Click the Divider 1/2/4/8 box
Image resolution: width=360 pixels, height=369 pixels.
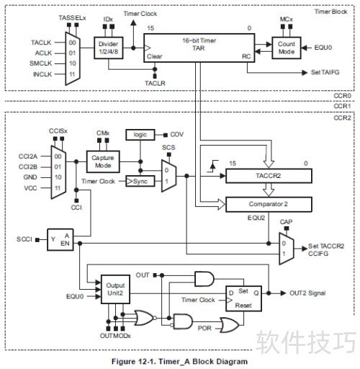[109, 48]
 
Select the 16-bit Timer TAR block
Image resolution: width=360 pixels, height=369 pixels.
[199, 48]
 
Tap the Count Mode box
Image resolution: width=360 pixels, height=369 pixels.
[287, 48]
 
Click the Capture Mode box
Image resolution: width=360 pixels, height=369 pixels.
[103, 161]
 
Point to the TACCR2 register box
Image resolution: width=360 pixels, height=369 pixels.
[269, 176]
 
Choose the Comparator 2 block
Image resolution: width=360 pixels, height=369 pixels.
[269, 204]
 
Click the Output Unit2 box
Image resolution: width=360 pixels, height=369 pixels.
[115, 289]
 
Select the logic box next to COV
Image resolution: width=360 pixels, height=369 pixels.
[140, 135]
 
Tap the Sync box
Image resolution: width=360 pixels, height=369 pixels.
[140, 182]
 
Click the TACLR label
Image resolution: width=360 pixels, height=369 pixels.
[155, 84]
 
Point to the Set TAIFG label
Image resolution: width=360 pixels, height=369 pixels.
[325, 72]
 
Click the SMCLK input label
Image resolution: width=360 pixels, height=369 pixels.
[41, 63]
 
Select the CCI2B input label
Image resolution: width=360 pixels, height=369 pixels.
[28, 166]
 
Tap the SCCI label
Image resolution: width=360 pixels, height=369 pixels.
[24, 239]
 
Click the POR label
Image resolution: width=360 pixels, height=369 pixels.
[204, 328]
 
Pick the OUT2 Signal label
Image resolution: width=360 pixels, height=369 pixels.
[307, 293]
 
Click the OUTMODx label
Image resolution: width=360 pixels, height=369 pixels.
[115, 336]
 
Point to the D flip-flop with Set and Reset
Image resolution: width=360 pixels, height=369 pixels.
[243, 298]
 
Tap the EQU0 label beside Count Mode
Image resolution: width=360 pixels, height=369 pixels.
[323, 48]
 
